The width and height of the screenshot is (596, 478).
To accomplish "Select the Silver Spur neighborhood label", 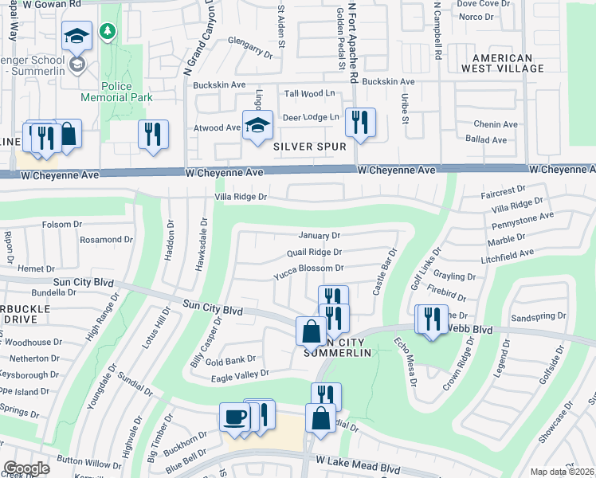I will point(309,147).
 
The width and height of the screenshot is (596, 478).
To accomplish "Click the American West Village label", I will point(513,64).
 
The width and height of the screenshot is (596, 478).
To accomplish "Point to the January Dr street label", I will point(319,236).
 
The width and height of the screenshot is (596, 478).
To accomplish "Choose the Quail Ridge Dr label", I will point(314,253).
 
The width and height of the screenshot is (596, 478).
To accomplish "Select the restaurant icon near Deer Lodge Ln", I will point(360,122).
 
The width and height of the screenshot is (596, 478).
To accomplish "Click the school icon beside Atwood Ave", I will point(257,124).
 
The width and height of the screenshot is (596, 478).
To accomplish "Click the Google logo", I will point(25,468).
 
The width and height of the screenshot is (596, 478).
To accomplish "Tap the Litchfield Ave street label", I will point(507,255).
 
